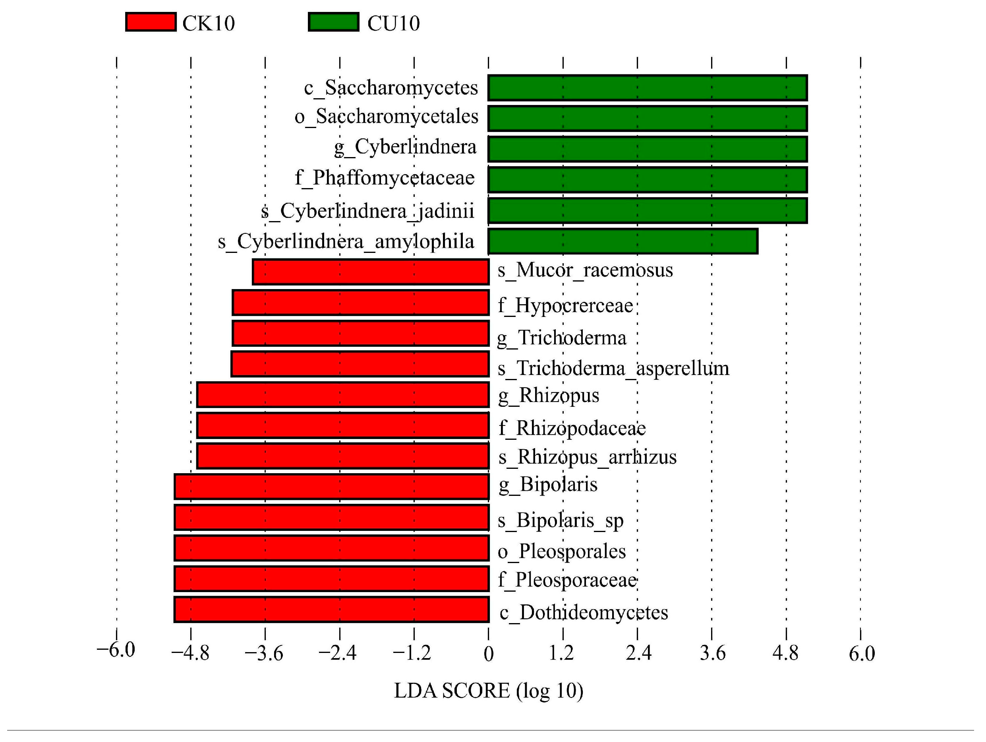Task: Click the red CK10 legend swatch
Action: [x=151, y=22]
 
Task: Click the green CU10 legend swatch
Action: [x=333, y=22]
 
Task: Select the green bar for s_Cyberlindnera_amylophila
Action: [x=623, y=241]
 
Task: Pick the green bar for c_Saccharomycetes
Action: [x=647, y=88]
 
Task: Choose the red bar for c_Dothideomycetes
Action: [x=332, y=609]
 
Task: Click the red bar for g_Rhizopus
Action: [x=343, y=394]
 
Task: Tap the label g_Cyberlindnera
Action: [x=405, y=147]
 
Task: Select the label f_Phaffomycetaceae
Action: [x=385, y=178]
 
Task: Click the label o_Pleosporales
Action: [x=562, y=552]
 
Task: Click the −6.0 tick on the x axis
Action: [x=116, y=650]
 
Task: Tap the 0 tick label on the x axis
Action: [x=489, y=654]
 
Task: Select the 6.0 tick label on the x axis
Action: [x=861, y=654]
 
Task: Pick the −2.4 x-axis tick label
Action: [x=337, y=653]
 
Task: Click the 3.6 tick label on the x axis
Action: [x=712, y=653]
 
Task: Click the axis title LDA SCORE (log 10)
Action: [x=489, y=691]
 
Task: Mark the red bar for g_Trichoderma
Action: [x=361, y=333]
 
